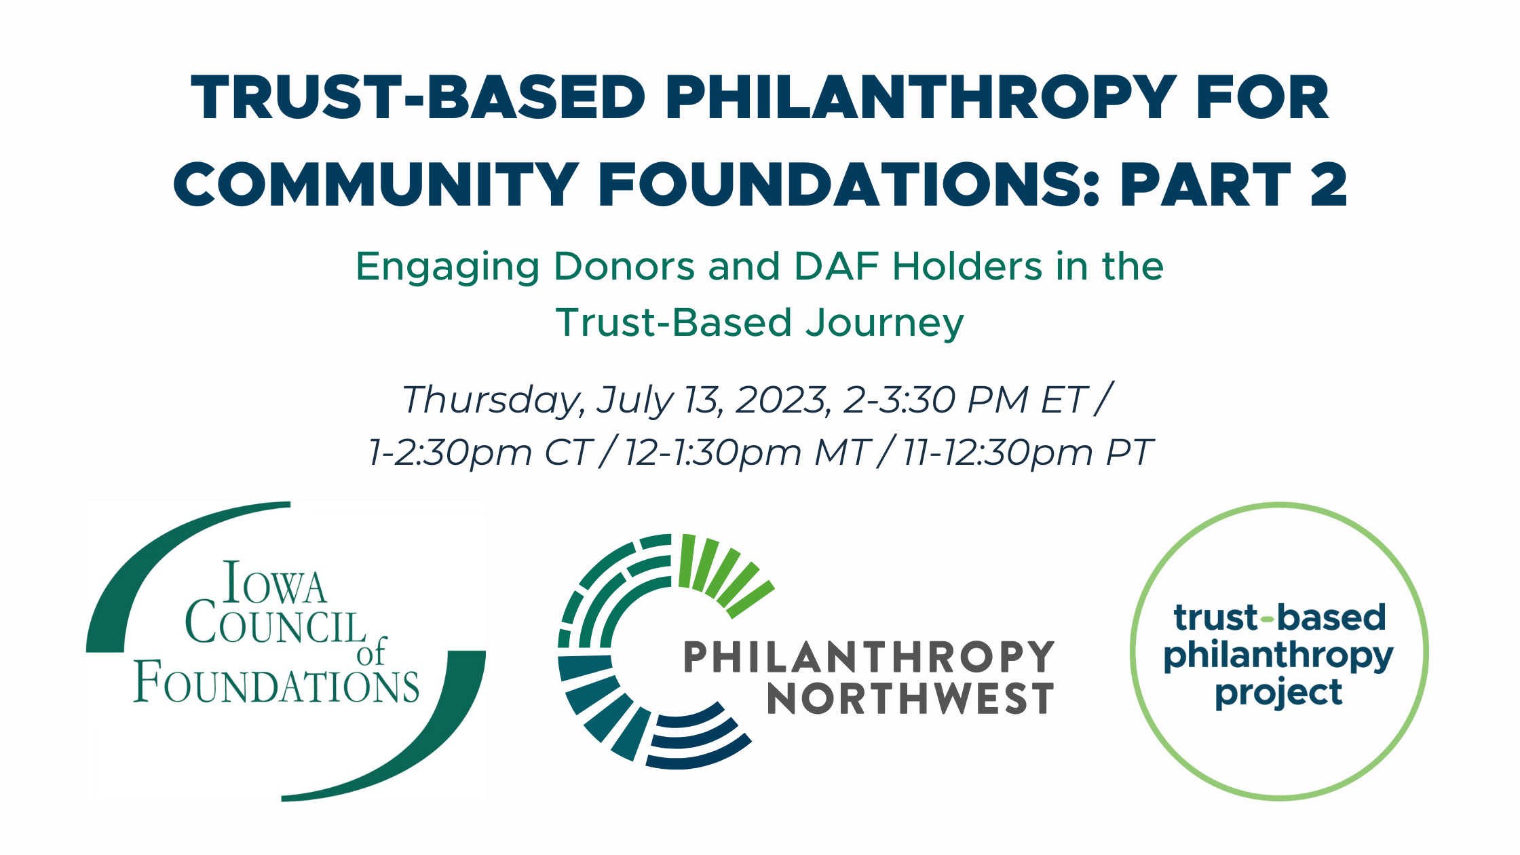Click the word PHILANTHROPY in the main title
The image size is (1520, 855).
click(920, 98)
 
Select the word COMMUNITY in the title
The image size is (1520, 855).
click(377, 185)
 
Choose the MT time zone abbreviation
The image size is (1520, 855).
click(842, 453)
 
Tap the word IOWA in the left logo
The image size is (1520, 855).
click(275, 584)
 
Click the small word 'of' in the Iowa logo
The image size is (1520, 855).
click(372, 652)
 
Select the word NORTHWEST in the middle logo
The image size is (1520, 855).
click(910, 699)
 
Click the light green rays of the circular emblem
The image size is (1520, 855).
click(723, 570)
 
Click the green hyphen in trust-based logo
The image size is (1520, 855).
click(1267, 619)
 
